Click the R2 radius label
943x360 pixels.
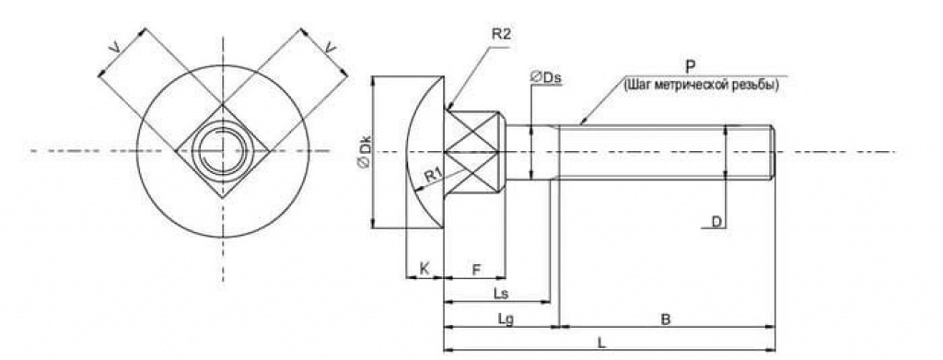[x=501, y=34]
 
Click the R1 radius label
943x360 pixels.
[x=434, y=176]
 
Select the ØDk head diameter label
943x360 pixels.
[x=364, y=153]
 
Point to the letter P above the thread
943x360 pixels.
[x=691, y=66]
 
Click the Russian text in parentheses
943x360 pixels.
[x=702, y=85]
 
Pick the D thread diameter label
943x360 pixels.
[x=716, y=222]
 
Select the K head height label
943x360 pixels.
[x=424, y=269]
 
